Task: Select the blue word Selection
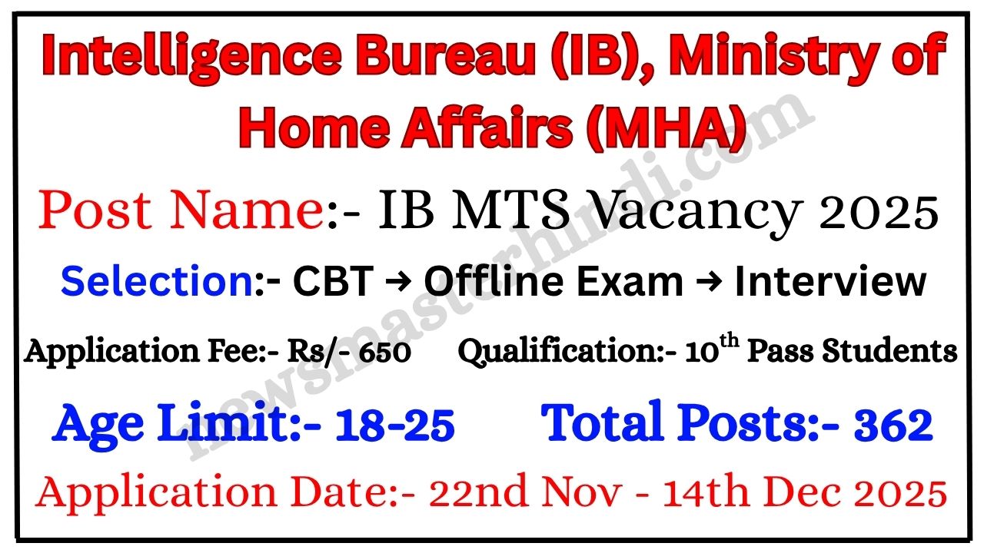tap(158, 281)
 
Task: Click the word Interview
tap(830, 281)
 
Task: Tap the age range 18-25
tap(394, 425)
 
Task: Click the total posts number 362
tap(893, 425)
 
